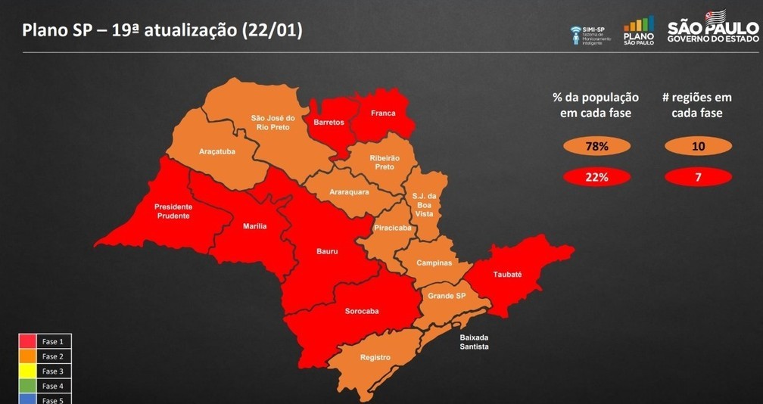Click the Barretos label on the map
point(329,123)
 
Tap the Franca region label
point(383,113)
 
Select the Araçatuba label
point(217,151)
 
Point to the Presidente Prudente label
point(173,211)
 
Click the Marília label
point(254,226)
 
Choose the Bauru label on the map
point(327,251)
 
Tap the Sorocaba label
point(362,311)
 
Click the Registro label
point(375,357)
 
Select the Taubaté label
point(507,275)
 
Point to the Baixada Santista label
point(475,342)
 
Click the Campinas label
point(434,263)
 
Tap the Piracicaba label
point(393,227)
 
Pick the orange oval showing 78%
point(596,146)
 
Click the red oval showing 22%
point(596,177)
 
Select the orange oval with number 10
point(698,146)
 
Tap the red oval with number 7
point(698,177)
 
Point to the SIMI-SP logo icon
point(577,34)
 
